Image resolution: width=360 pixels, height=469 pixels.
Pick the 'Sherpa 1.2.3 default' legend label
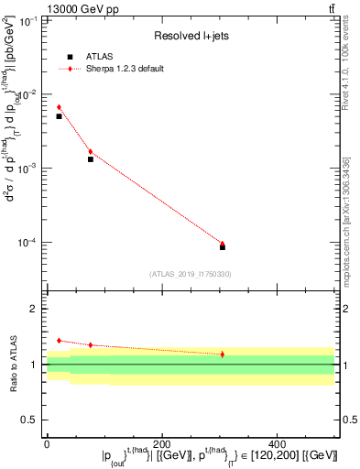click(125, 69)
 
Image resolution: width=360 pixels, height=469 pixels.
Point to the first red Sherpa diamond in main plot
click(59, 107)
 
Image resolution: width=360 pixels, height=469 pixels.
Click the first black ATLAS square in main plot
click(59, 116)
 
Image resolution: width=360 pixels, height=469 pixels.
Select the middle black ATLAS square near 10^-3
click(90, 159)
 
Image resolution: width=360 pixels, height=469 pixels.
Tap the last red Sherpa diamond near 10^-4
click(223, 244)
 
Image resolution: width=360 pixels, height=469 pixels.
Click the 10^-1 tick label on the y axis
click(31, 20)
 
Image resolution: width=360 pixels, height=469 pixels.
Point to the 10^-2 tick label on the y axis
click(31, 94)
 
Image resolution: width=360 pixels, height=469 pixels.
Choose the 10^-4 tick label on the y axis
click(31, 243)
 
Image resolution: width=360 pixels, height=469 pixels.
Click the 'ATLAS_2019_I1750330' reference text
click(191, 274)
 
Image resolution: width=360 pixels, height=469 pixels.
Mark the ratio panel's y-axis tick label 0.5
click(31, 420)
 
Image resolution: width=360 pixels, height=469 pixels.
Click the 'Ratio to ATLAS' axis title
click(12, 365)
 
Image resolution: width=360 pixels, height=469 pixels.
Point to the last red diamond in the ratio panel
click(223, 354)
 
